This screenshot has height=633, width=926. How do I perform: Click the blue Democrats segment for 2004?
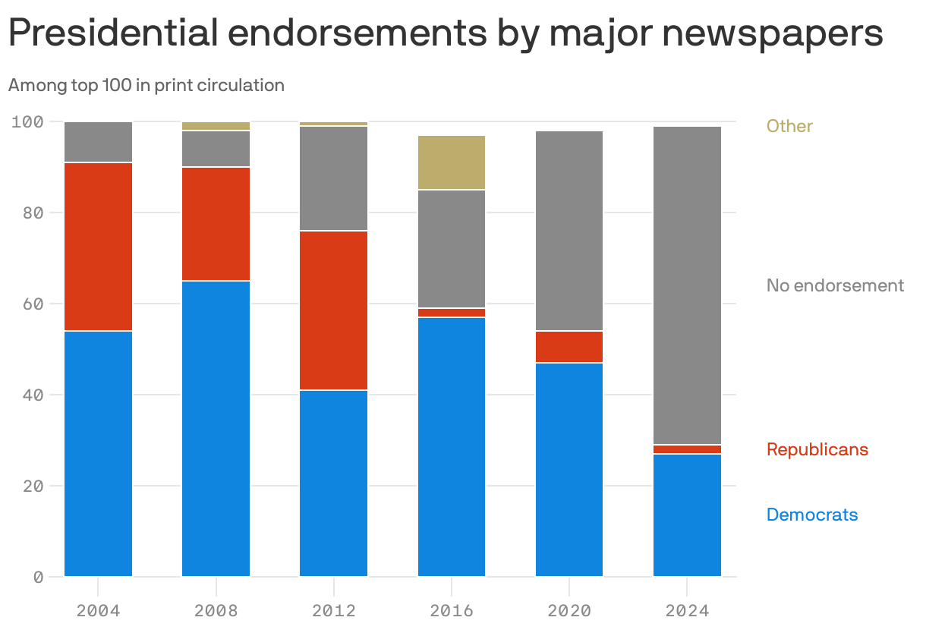click(98, 453)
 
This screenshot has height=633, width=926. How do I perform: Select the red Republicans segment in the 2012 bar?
click(333, 310)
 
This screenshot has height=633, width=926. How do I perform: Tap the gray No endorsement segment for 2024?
click(687, 285)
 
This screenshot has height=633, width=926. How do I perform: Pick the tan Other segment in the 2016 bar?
click(452, 162)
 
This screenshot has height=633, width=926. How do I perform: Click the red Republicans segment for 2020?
click(569, 347)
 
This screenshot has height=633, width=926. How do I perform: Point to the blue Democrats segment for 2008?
click(216, 429)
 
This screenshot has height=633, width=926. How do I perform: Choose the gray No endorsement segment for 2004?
click(98, 142)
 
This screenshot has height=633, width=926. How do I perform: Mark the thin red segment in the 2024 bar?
click(687, 449)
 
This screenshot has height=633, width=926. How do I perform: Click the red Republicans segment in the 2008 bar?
click(216, 224)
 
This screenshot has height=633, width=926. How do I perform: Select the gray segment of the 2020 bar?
click(569, 231)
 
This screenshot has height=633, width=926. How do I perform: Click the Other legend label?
click(789, 126)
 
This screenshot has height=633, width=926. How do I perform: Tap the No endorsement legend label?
click(835, 285)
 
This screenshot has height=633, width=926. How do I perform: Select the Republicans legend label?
click(817, 449)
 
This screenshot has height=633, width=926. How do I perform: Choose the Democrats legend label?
click(812, 515)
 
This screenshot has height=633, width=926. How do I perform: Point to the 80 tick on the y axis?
click(32, 213)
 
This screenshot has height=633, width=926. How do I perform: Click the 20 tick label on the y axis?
click(32, 486)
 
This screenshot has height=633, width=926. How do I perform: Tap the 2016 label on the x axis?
click(452, 611)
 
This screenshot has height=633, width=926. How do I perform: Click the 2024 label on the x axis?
click(687, 611)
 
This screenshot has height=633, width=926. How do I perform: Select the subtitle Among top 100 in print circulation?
click(146, 85)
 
